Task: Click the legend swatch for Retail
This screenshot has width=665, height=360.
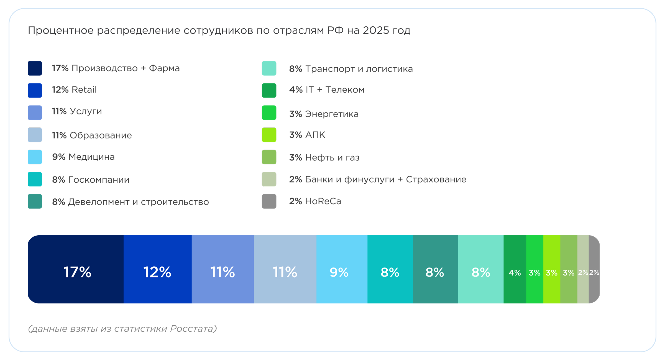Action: (x=35, y=90)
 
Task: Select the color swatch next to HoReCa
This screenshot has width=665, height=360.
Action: (x=269, y=201)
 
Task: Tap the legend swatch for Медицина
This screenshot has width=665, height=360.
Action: (x=35, y=157)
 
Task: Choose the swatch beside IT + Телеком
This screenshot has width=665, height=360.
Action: (x=269, y=90)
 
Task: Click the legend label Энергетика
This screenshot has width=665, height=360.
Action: (x=332, y=114)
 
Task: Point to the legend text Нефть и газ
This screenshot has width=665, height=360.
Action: (x=332, y=157)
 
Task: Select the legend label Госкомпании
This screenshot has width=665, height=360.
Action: (x=99, y=180)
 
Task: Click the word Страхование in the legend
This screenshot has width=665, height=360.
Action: (x=436, y=179)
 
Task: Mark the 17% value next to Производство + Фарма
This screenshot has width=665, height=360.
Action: (x=60, y=68)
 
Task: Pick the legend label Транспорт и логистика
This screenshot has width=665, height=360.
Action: (x=359, y=69)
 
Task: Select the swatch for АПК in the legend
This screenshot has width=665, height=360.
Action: (x=269, y=135)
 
